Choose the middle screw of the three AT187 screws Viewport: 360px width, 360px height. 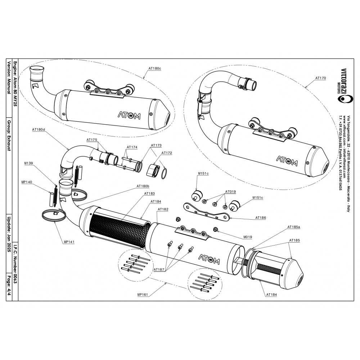click(x=180, y=247)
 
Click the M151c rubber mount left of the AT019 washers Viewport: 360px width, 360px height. click(x=196, y=195)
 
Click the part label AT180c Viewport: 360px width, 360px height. click(x=154, y=68)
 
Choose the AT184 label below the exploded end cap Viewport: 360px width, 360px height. click(x=271, y=294)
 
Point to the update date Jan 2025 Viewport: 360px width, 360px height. click(x=9, y=243)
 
